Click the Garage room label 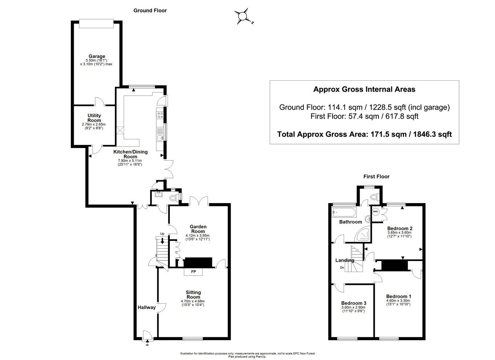(x=96, y=56)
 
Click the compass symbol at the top (x=242, y=16)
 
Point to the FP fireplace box (x=193, y=272)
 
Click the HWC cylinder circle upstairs (x=375, y=212)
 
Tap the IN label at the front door (x=147, y=345)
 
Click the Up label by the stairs (x=162, y=234)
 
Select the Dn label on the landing (x=342, y=267)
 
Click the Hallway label (x=147, y=307)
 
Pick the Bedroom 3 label (x=353, y=303)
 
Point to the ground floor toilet (x=175, y=198)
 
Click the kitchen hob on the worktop (x=160, y=115)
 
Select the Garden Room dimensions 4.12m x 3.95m (x=198, y=235)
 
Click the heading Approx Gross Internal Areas (x=364, y=89)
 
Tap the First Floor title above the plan (x=376, y=176)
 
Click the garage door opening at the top (x=96, y=23)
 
